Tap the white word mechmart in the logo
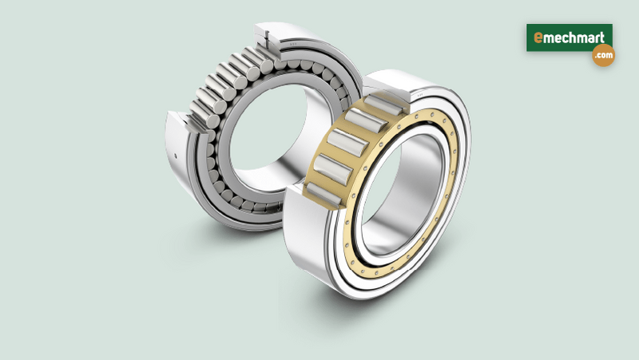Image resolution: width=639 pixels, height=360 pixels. [x=574, y=38]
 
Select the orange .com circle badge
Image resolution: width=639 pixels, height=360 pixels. [x=603, y=56]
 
